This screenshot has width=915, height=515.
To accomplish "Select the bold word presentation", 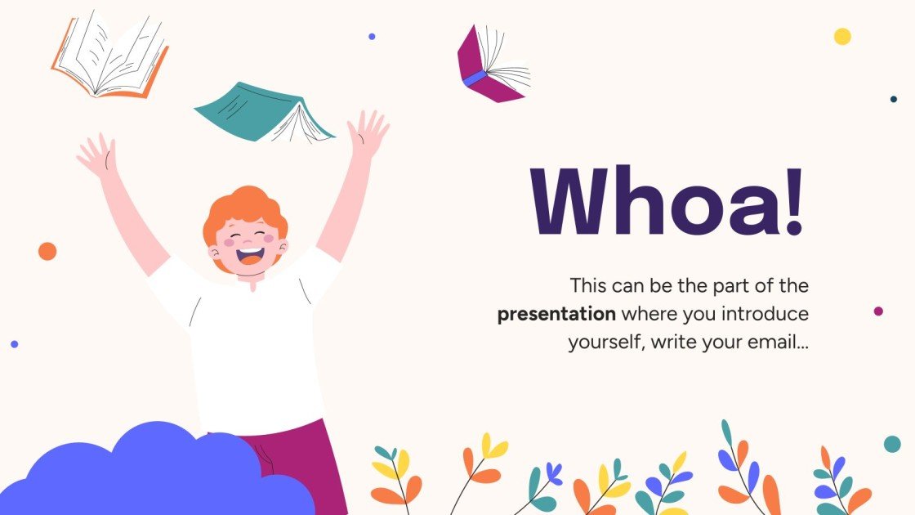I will (x=556, y=314).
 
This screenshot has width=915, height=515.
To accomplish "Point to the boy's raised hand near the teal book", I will (x=367, y=135).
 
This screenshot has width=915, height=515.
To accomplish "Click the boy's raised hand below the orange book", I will (x=97, y=155).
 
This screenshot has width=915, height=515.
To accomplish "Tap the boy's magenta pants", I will (x=298, y=462).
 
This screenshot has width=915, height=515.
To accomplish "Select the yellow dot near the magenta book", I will (x=842, y=37).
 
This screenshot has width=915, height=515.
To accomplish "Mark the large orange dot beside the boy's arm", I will (x=47, y=251).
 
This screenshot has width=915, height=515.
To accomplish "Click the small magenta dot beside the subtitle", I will (x=878, y=311).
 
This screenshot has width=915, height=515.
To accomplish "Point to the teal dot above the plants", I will (x=892, y=444).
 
